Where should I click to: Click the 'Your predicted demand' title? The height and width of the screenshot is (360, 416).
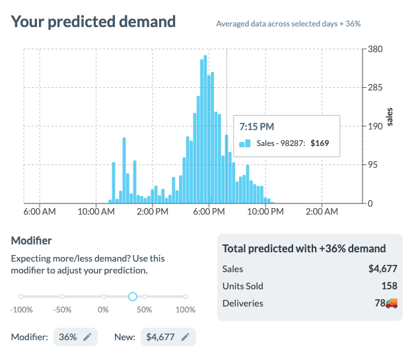94,21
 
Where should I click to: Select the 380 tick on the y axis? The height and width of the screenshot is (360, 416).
376,49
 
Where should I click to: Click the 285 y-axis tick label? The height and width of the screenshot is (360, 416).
376,87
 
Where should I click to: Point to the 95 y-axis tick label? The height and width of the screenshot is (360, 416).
374,165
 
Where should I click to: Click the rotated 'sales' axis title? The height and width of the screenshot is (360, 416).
390,117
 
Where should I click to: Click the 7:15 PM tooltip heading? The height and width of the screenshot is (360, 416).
257,126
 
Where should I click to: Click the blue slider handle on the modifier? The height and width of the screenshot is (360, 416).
132,297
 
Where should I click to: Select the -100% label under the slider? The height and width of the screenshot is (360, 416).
22,309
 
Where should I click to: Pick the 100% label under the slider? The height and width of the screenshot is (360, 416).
186,309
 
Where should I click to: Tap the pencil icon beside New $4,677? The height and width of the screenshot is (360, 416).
186,337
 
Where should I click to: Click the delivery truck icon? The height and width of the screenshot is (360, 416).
392,303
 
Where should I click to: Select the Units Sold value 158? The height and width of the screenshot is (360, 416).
389,286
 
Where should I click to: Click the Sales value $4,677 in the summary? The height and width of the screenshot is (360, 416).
383,269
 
